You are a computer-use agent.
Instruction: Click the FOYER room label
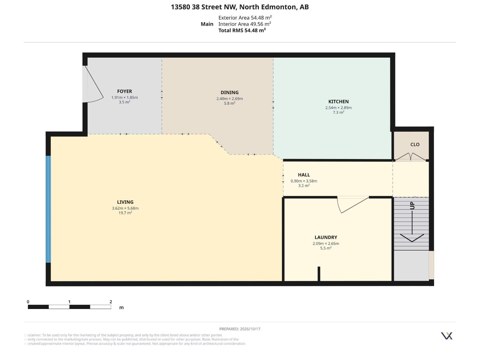coord(124,91)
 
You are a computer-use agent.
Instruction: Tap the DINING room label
coord(229,92)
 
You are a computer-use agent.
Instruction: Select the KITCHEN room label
coord(338,102)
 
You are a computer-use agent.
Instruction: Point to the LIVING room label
coord(125,202)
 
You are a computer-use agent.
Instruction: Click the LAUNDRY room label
coord(325,237)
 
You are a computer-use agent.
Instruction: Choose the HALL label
coord(304,175)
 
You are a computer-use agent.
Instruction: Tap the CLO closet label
coord(415,145)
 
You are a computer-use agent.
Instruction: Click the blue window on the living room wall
coord(48,209)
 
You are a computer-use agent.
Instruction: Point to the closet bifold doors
coord(411,157)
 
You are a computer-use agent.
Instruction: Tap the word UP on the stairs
coord(412,206)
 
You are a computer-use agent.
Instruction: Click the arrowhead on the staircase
coord(412,238)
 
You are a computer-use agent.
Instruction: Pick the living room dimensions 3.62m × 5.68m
coord(125,208)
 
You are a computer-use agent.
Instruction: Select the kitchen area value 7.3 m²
coord(338,112)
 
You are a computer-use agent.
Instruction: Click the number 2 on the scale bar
coord(111,302)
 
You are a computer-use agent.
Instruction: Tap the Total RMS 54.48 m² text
coord(242,30)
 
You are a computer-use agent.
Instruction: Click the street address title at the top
coord(240,7)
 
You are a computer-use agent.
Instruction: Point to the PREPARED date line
coord(240,329)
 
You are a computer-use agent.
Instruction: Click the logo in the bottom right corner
coord(446,336)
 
